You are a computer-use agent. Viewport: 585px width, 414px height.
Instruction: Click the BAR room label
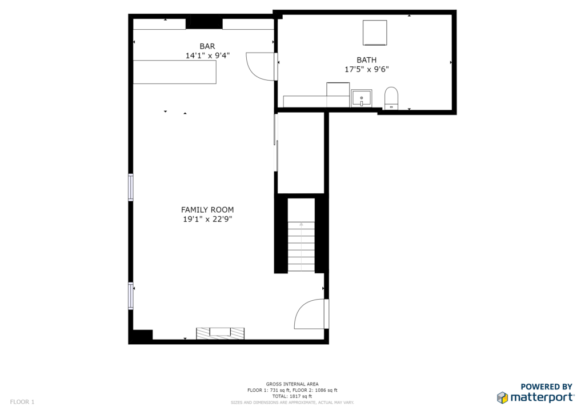207,46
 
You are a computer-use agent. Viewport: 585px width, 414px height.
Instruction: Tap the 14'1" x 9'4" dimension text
207,55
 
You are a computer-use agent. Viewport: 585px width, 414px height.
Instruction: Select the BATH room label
366,59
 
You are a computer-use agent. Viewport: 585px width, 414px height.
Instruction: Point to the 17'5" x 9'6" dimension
366,69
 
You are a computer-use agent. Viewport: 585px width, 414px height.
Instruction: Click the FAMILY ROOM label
207,210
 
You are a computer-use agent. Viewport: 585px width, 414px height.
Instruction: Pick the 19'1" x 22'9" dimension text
207,219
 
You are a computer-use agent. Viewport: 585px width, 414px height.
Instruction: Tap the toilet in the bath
391,98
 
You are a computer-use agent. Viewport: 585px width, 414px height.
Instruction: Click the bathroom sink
361,98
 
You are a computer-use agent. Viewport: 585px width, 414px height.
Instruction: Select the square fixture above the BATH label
375,33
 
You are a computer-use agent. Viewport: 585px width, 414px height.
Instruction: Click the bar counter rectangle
175,72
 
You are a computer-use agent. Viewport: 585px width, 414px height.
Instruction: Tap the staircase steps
301,246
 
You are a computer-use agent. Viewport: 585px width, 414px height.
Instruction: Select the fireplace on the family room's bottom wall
220,333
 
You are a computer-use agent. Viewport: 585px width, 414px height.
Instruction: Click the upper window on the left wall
131,187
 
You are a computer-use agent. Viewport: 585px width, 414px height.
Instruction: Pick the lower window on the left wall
131,296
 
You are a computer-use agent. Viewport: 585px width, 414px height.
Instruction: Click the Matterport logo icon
502,397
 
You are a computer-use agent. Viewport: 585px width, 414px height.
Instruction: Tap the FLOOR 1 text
22,401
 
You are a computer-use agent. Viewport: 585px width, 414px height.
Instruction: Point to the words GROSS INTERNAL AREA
292,384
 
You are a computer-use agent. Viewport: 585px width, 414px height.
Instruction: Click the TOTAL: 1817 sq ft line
292,396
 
